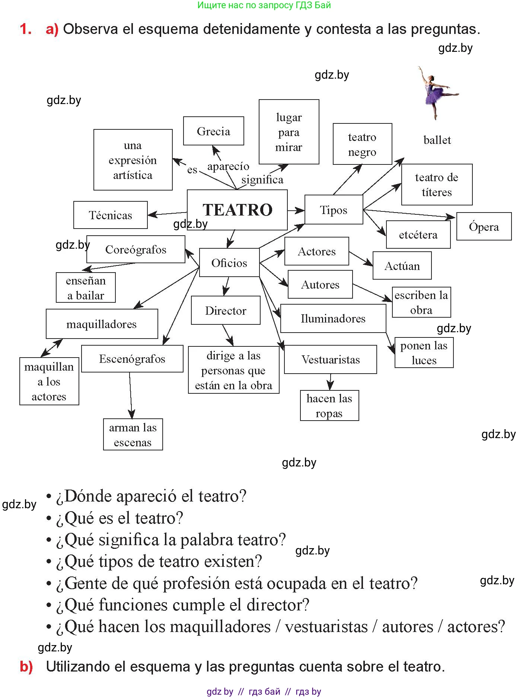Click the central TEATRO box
pos(237,210)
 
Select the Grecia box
pos(213,131)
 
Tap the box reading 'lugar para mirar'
pos(289,132)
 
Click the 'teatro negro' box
pos(362,144)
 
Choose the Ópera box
pos(484,226)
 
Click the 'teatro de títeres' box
pos(437,185)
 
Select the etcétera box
pos(418,235)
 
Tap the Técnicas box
pos(110,215)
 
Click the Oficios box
pos(229,263)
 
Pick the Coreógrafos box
pos(136,249)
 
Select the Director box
pos(226,311)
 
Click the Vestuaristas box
pos(330,359)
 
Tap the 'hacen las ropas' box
pos(329,406)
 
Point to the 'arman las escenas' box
pos(133,435)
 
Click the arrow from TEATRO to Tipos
pos(296,211)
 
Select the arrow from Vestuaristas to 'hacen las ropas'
pos(330,382)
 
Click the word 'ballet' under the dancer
pos(437,140)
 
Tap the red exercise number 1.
pos(25,29)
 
